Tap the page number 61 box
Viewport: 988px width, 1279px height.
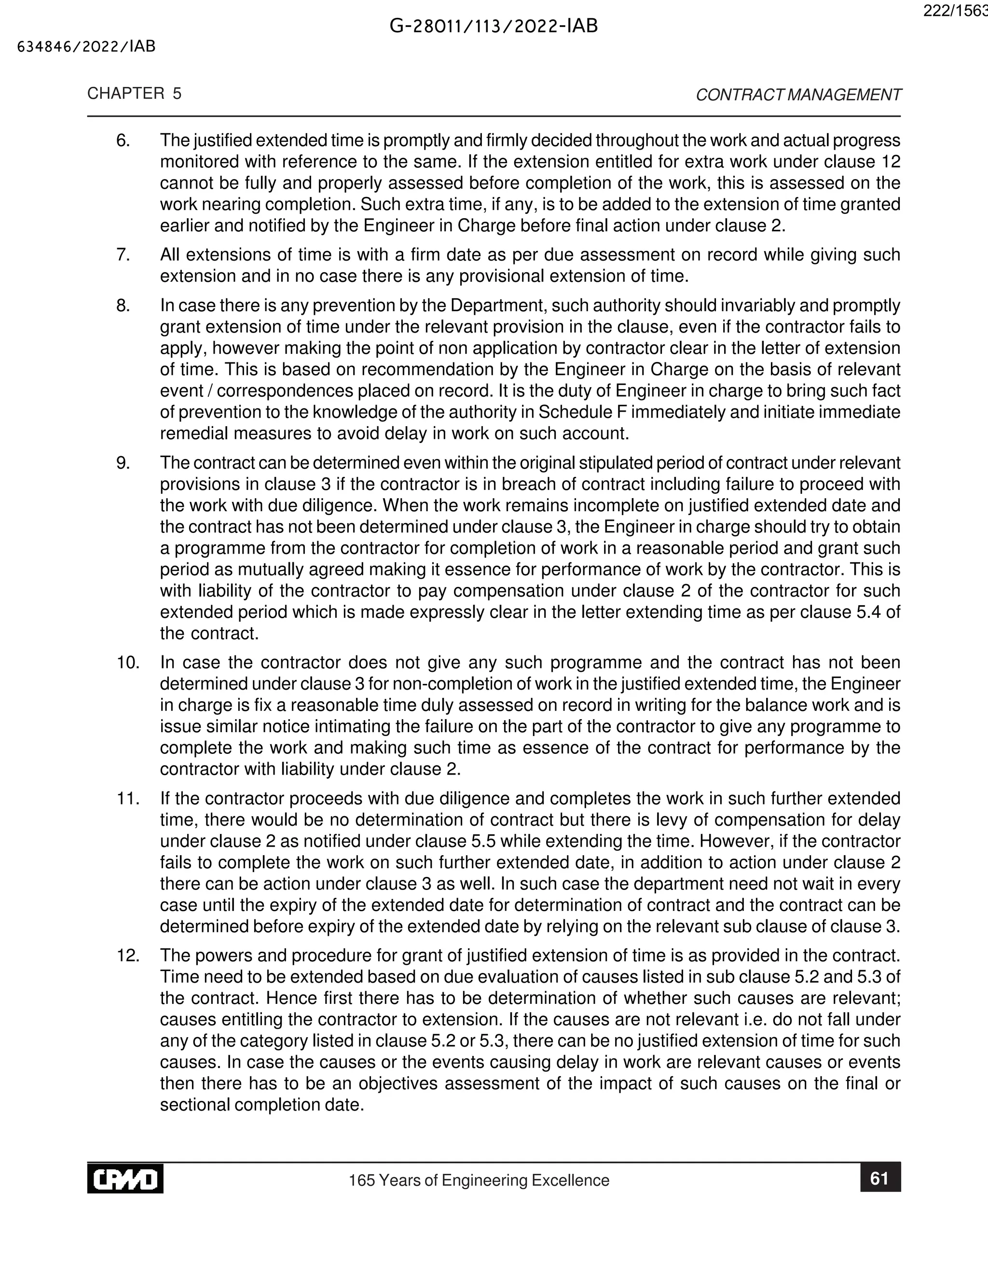coord(880,1178)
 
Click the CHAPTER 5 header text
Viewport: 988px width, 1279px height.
coord(134,94)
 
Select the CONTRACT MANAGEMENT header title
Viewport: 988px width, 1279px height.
coord(798,95)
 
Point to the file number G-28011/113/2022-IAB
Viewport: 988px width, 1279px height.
coord(494,27)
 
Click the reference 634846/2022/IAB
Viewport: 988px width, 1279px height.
coord(87,47)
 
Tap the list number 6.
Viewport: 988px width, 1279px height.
coord(123,140)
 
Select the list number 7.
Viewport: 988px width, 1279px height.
coord(123,255)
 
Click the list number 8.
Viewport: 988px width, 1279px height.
coord(123,306)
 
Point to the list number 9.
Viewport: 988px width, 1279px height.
coord(123,463)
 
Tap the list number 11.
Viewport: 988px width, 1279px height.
coord(127,798)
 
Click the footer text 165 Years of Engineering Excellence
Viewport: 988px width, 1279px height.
coord(479,1180)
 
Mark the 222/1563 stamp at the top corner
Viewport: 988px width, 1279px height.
coord(955,12)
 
